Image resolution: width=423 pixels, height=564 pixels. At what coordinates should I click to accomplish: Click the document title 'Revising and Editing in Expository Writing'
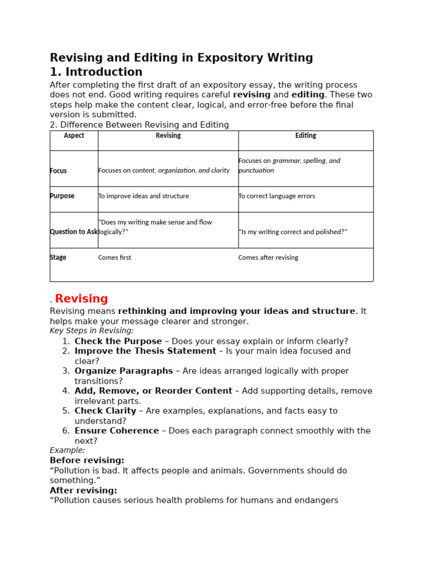click(x=181, y=58)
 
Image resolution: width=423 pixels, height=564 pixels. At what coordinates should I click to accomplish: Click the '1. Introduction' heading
click(x=96, y=72)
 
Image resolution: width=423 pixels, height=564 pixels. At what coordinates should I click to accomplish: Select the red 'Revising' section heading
click(x=82, y=299)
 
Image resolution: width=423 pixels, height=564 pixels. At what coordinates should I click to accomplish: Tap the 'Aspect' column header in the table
click(x=74, y=135)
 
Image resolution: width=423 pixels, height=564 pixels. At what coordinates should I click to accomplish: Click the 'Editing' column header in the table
click(x=306, y=135)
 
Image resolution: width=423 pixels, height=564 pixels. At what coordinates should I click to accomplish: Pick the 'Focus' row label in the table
click(x=58, y=171)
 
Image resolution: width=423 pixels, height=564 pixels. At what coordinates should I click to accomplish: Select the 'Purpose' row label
click(x=62, y=196)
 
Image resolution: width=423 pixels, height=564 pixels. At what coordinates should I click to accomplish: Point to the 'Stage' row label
click(x=58, y=257)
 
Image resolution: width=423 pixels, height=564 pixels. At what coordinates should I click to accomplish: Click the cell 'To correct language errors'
click(x=276, y=196)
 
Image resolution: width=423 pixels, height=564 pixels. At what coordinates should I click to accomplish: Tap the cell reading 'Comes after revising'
click(x=268, y=257)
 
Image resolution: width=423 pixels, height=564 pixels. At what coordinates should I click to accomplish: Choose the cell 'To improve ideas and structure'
click(x=143, y=196)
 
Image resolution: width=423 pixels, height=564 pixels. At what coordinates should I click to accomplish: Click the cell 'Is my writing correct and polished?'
click(x=292, y=232)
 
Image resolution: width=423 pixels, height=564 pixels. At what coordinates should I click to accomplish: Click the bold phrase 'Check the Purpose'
click(x=118, y=341)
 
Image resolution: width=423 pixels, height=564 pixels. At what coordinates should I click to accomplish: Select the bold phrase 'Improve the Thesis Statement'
click(x=145, y=351)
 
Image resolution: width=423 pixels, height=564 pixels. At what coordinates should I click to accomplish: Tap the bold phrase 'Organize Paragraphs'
click(x=123, y=371)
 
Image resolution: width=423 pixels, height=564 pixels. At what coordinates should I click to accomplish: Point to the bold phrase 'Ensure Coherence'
click(x=116, y=431)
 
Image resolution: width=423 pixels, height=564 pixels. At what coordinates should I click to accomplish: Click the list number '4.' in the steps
click(x=66, y=391)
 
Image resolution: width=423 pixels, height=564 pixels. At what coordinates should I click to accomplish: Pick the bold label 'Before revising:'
click(x=87, y=460)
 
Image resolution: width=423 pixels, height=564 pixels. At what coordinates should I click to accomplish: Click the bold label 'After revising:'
click(x=83, y=490)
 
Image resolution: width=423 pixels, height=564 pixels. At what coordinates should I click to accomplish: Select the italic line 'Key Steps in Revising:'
click(x=91, y=331)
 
